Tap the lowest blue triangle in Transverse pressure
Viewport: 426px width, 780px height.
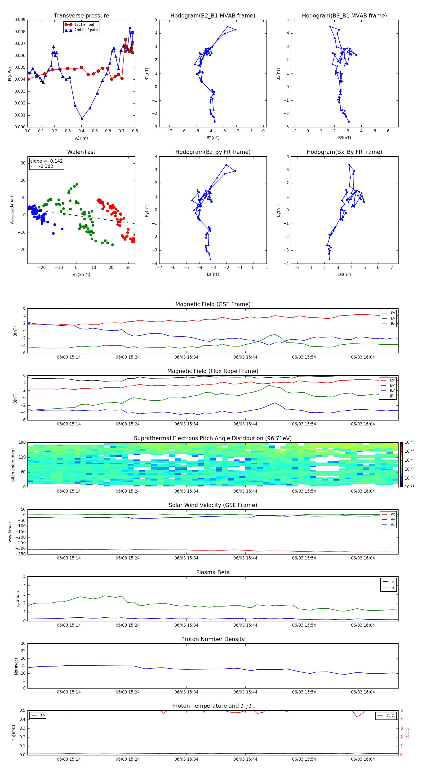coord(82,119)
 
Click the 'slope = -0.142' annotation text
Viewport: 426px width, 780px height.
coord(46,161)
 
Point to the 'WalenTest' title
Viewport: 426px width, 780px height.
coord(81,152)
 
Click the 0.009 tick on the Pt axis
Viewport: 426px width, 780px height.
coord(20,20)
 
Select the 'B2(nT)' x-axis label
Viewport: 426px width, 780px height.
coord(213,138)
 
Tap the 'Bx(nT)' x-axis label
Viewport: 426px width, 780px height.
coord(344,274)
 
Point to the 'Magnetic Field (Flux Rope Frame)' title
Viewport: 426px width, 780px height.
coord(213,371)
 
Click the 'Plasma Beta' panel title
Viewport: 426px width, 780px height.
coord(213,572)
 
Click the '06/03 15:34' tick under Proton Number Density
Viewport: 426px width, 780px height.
coord(186,692)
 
